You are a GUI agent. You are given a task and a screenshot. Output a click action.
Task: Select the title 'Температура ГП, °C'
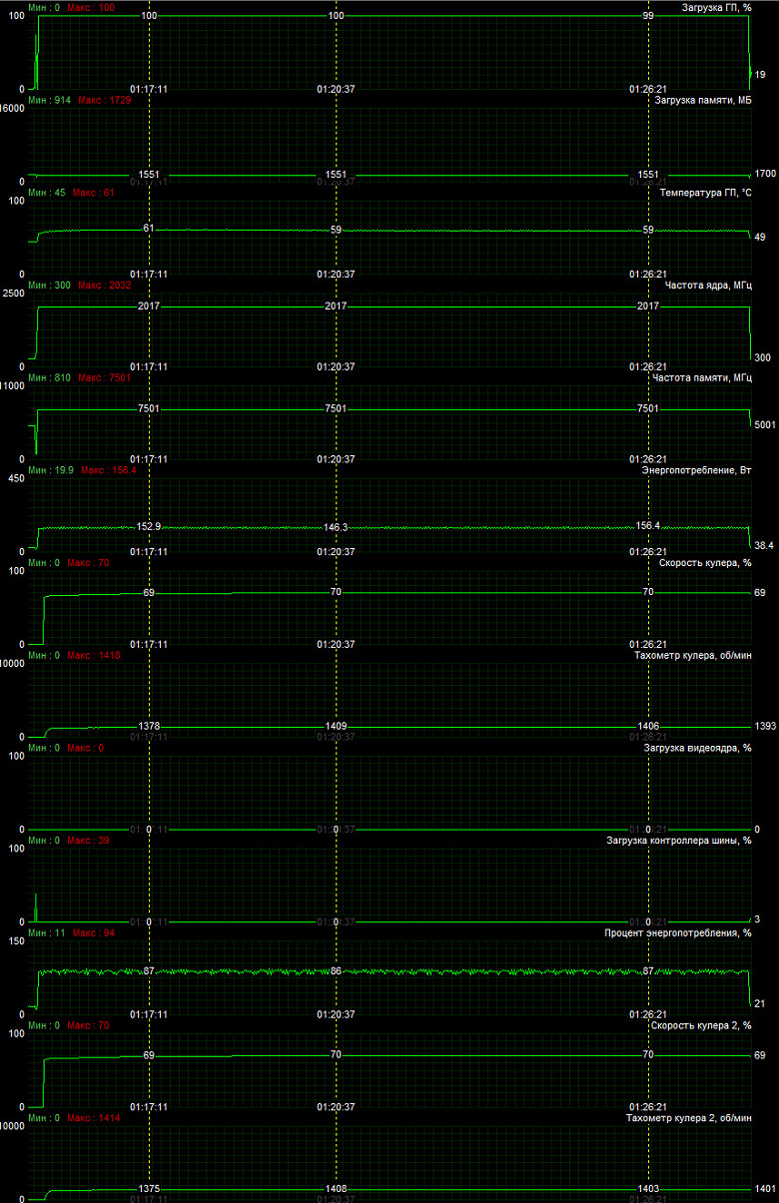(x=705, y=193)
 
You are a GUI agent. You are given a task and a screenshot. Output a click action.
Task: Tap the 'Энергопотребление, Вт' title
(x=696, y=469)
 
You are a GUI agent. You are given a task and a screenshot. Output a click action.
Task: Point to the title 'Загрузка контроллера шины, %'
(x=679, y=840)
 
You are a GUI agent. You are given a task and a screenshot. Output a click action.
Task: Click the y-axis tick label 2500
(x=14, y=293)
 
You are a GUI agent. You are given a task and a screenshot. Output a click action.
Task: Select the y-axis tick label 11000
(x=12, y=385)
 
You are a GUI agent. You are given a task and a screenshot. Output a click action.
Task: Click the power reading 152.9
(x=149, y=526)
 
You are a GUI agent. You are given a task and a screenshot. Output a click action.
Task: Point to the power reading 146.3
(x=336, y=527)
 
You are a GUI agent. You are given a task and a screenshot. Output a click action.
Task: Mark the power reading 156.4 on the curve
(x=648, y=525)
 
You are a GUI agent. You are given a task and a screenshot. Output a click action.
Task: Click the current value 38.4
(x=764, y=545)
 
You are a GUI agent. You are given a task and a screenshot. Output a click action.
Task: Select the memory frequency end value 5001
(x=764, y=424)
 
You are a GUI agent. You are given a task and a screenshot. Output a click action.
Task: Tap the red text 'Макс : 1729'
(x=97, y=100)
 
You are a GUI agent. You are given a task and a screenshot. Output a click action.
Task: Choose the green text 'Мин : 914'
(x=49, y=100)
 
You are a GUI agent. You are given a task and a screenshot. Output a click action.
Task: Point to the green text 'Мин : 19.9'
(x=50, y=470)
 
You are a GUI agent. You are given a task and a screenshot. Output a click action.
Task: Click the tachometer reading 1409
(x=336, y=726)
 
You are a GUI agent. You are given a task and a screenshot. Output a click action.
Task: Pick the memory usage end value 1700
(x=764, y=174)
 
